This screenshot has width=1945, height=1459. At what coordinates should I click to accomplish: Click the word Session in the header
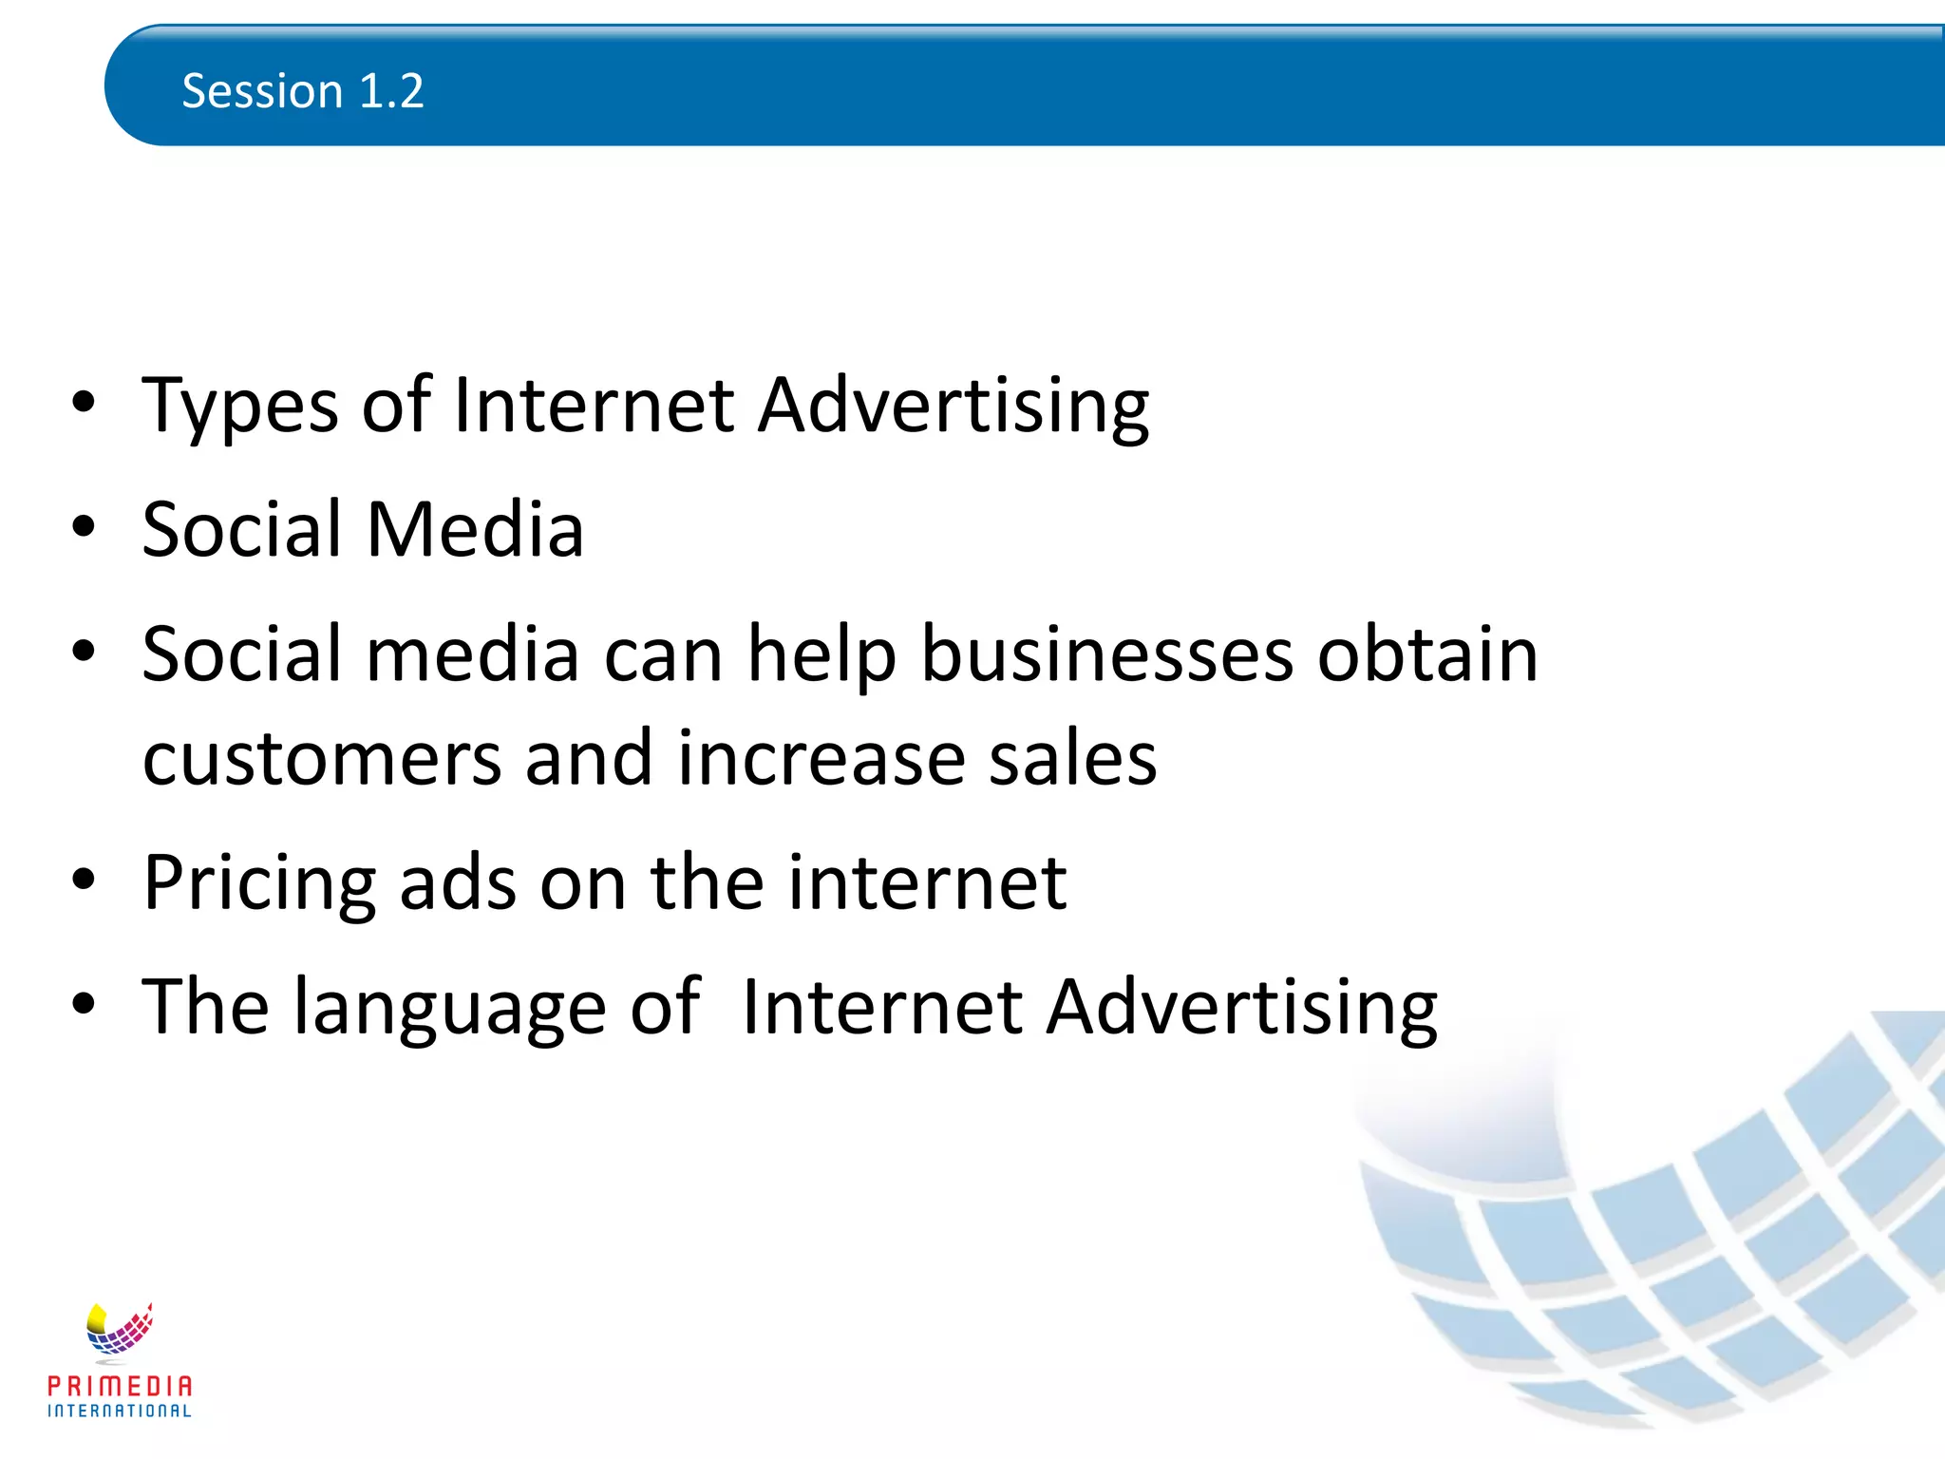click(262, 91)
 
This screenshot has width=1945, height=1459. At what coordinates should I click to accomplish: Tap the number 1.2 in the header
click(391, 91)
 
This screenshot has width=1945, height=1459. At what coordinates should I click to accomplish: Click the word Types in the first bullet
click(240, 407)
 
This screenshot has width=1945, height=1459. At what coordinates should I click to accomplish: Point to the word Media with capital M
click(475, 529)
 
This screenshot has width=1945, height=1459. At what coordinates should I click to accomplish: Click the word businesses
click(1107, 654)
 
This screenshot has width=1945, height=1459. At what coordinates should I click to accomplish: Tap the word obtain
click(1427, 654)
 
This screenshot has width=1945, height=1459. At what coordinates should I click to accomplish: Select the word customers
click(322, 759)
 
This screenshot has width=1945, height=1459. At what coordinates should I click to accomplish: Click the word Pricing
click(259, 883)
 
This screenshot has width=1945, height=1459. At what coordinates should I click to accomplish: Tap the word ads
click(458, 883)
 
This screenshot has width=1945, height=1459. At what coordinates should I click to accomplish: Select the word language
click(449, 1009)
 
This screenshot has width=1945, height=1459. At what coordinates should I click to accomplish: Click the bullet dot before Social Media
click(84, 527)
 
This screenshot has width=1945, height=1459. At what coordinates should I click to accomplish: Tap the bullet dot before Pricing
click(84, 881)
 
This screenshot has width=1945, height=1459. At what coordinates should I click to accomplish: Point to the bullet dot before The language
click(84, 1004)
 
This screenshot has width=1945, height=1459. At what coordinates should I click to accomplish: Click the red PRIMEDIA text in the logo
click(120, 1387)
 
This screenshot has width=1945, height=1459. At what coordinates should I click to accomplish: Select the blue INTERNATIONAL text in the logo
click(120, 1412)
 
